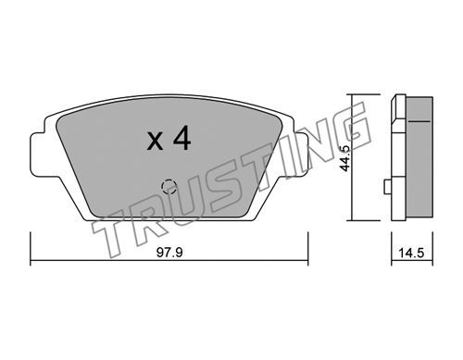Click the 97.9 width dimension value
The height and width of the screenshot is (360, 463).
[169, 253]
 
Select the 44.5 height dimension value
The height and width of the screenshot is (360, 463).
[344, 157]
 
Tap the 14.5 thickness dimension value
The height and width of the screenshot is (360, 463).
[411, 254]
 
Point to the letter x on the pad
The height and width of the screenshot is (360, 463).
[155, 142]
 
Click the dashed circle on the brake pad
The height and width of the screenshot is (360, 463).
[169, 186]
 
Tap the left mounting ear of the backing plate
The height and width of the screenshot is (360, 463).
[38, 155]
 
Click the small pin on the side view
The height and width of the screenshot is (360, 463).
[387, 187]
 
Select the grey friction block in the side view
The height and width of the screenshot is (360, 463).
[419, 159]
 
